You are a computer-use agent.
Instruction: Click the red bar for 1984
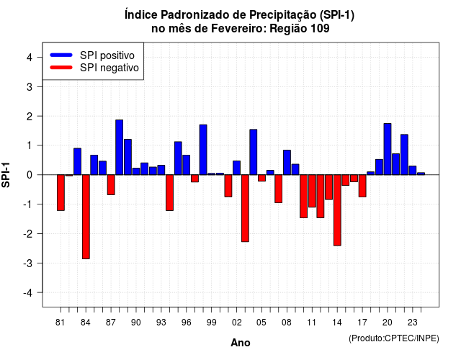point(86,217)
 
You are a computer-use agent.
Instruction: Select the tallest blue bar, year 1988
point(120,147)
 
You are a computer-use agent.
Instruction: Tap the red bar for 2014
point(337,210)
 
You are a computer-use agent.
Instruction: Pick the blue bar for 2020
point(388,149)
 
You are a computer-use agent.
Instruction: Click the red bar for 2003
point(245,208)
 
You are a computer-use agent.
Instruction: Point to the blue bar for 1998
point(203,150)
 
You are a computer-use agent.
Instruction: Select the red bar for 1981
point(61,193)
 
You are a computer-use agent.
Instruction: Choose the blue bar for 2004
point(254,152)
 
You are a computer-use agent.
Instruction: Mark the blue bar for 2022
point(404,155)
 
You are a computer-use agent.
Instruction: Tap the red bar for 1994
point(170,193)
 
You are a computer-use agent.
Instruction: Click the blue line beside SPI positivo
point(61,55)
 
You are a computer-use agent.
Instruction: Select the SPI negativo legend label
point(109,68)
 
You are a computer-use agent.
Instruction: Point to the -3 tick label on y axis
point(29,263)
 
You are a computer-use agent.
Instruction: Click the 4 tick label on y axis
point(30,58)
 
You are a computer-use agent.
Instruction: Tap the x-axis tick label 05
point(261,323)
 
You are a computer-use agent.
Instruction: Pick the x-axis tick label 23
point(413,323)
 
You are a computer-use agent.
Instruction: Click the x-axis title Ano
point(241,343)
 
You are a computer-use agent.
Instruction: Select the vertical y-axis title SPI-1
point(6,175)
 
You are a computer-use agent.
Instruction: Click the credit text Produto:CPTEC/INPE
point(394,338)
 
